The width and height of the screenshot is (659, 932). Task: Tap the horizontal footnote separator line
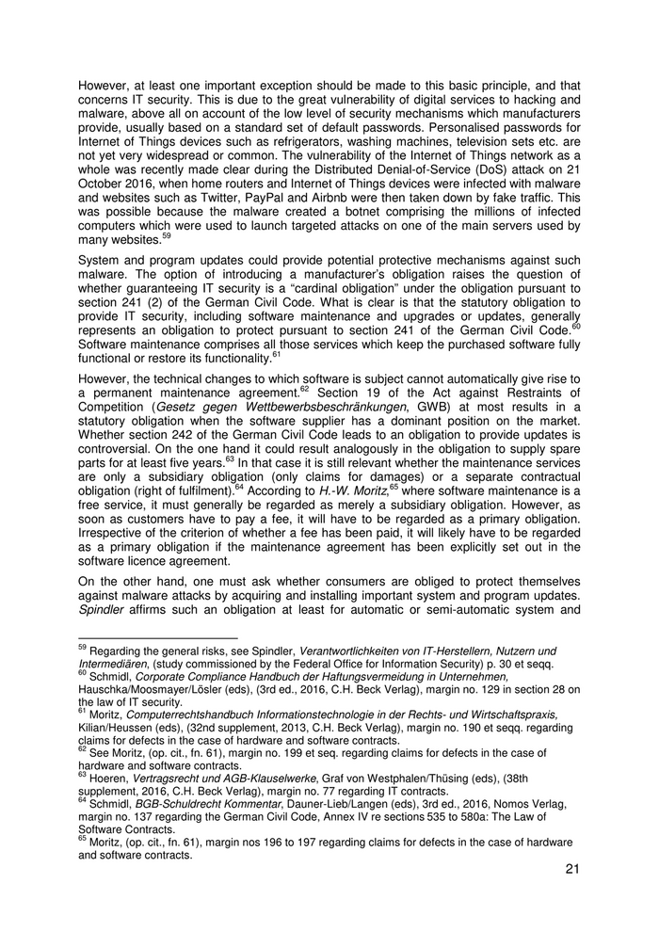[x=141, y=638]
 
